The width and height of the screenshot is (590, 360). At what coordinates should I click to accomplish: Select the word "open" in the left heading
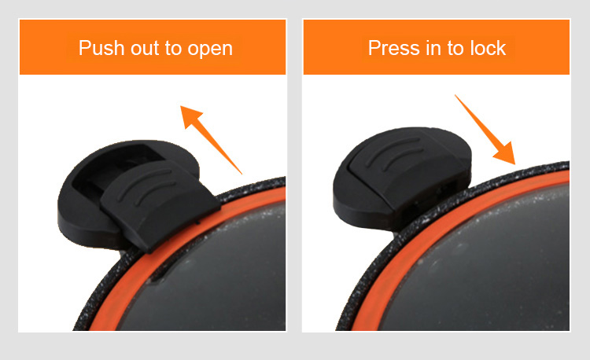[x=210, y=50]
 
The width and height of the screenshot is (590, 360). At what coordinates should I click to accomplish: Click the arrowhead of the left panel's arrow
[x=191, y=116]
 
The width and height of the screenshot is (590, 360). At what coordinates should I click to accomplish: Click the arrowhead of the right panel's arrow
[x=505, y=154]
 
